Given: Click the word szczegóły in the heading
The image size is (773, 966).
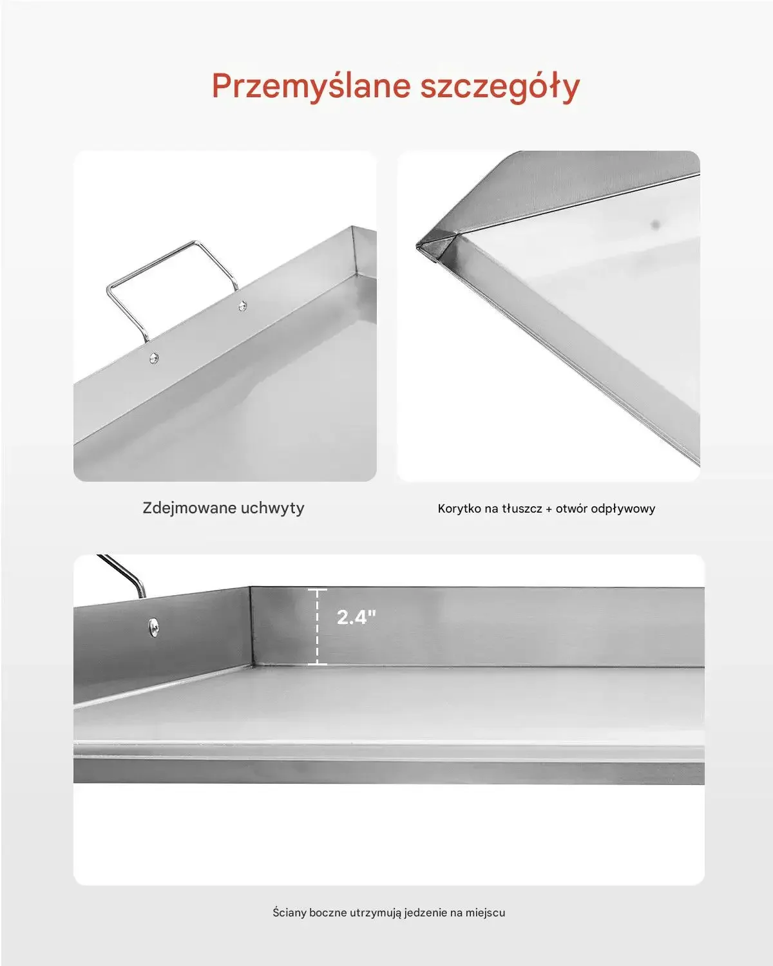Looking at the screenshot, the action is click(x=500, y=87).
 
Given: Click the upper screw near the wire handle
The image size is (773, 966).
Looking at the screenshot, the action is click(x=242, y=306).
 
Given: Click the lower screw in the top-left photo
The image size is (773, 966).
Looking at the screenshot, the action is click(x=154, y=358).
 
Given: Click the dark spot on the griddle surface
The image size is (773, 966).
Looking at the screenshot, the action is click(x=656, y=224).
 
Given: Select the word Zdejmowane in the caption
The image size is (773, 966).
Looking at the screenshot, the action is click(x=189, y=508).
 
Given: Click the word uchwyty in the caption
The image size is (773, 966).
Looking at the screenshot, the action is click(x=272, y=509).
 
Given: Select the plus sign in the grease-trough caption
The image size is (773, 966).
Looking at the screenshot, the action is click(x=549, y=509).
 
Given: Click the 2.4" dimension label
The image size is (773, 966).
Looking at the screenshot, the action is click(x=356, y=617).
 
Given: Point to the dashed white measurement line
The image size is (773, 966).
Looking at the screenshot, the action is click(x=318, y=626).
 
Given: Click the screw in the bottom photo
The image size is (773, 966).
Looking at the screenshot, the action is click(x=153, y=627).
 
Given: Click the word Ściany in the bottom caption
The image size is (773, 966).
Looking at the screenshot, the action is click(x=290, y=913).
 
